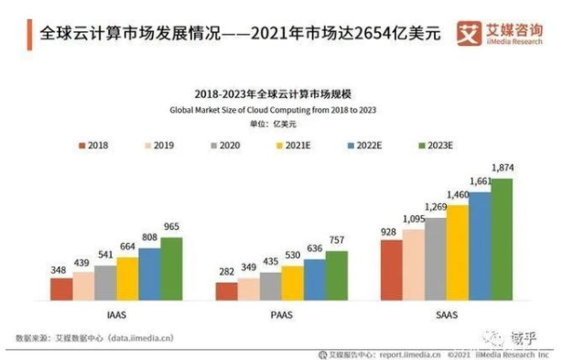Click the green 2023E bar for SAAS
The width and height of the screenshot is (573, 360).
(502, 240)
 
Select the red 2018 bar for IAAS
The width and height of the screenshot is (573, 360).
(61, 289)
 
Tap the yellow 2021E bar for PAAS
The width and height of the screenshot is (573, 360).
(292, 283)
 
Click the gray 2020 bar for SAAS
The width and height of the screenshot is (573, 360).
(435, 259)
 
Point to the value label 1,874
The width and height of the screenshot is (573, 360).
(503, 168)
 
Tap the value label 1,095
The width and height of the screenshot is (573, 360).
(414, 219)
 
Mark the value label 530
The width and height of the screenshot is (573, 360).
(293, 256)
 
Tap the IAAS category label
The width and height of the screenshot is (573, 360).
(116, 312)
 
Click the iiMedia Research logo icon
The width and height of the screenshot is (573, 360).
(470, 34)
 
